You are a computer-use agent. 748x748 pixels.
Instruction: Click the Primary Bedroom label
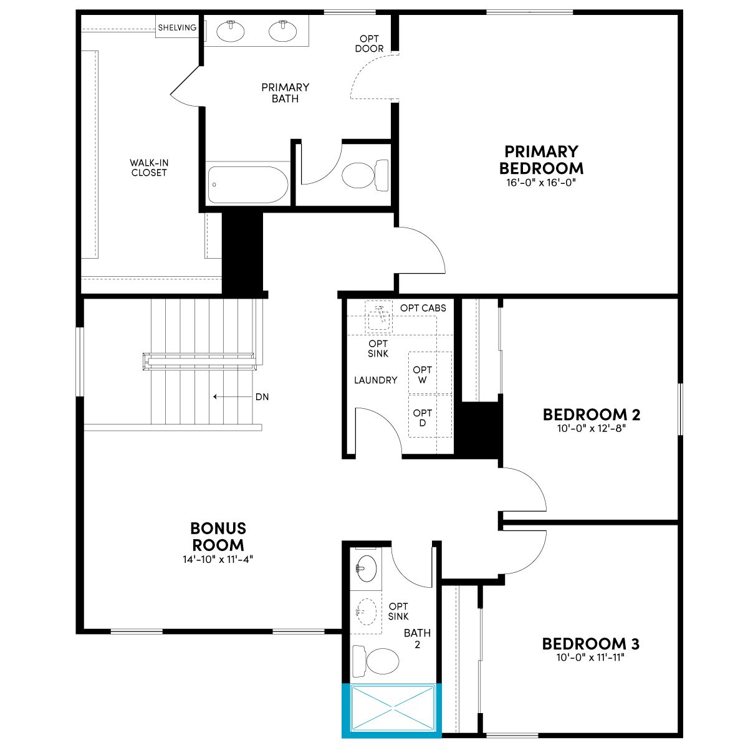click(x=541, y=160)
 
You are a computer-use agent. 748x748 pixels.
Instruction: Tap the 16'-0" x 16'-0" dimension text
click(x=540, y=183)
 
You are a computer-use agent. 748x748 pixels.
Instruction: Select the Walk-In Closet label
click(x=149, y=168)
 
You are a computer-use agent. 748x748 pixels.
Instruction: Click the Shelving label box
click(x=178, y=27)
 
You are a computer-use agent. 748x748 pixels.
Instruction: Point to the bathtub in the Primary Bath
click(x=247, y=185)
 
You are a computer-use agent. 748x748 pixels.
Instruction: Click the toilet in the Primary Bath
click(x=365, y=175)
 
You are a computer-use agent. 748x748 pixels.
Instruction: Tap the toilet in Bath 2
click(x=375, y=661)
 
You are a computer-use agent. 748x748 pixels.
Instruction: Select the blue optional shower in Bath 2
click(x=391, y=710)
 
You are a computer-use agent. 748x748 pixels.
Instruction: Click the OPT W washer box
click(x=430, y=373)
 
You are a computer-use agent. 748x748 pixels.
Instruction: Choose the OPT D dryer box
click(x=430, y=416)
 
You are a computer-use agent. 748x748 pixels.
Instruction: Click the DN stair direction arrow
click(x=233, y=396)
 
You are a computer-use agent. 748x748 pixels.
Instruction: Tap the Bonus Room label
click(x=218, y=537)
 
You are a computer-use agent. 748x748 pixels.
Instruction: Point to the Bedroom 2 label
click(x=591, y=415)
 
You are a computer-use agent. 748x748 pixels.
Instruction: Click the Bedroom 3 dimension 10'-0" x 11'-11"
click(x=590, y=657)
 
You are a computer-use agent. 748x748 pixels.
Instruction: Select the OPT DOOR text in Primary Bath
click(x=369, y=44)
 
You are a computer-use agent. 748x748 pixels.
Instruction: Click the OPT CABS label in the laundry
click(x=423, y=308)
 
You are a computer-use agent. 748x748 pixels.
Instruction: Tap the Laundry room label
click(x=376, y=380)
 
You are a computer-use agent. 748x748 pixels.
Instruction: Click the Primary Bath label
click(x=285, y=93)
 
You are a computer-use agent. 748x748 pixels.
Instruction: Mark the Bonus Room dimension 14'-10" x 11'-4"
click(x=218, y=559)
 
